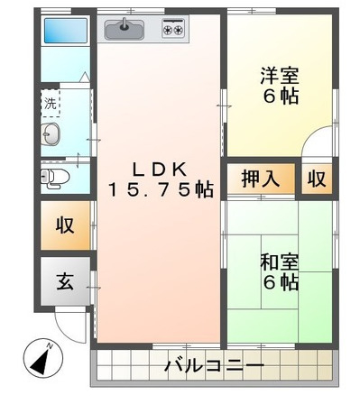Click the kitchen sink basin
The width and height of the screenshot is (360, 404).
click(x=124, y=29)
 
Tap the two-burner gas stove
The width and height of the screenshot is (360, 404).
click(x=173, y=28)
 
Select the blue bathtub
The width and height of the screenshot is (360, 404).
click(x=66, y=31)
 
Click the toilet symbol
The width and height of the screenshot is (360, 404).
click(x=55, y=179)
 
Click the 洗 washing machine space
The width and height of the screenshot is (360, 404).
click(x=51, y=103)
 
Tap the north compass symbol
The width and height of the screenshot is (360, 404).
click(x=43, y=358)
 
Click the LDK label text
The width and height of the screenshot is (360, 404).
click(x=160, y=170)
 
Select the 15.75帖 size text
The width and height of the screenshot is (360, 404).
click(x=161, y=190)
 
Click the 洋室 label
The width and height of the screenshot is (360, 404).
click(x=280, y=76)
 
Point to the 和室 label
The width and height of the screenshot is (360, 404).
click(x=280, y=262)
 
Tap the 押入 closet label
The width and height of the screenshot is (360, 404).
click(x=261, y=179)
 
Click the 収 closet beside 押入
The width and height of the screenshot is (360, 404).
click(x=317, y=179)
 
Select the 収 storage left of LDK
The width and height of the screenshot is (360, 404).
click(x=65, y=225)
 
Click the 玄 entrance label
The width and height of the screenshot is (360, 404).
click(x=65, y=281)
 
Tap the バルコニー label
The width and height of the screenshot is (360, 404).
click(x=215, y=365)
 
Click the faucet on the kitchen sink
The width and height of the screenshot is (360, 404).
click(x=124, y=24)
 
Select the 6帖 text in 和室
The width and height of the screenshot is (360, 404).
click(x=281, y=282)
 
